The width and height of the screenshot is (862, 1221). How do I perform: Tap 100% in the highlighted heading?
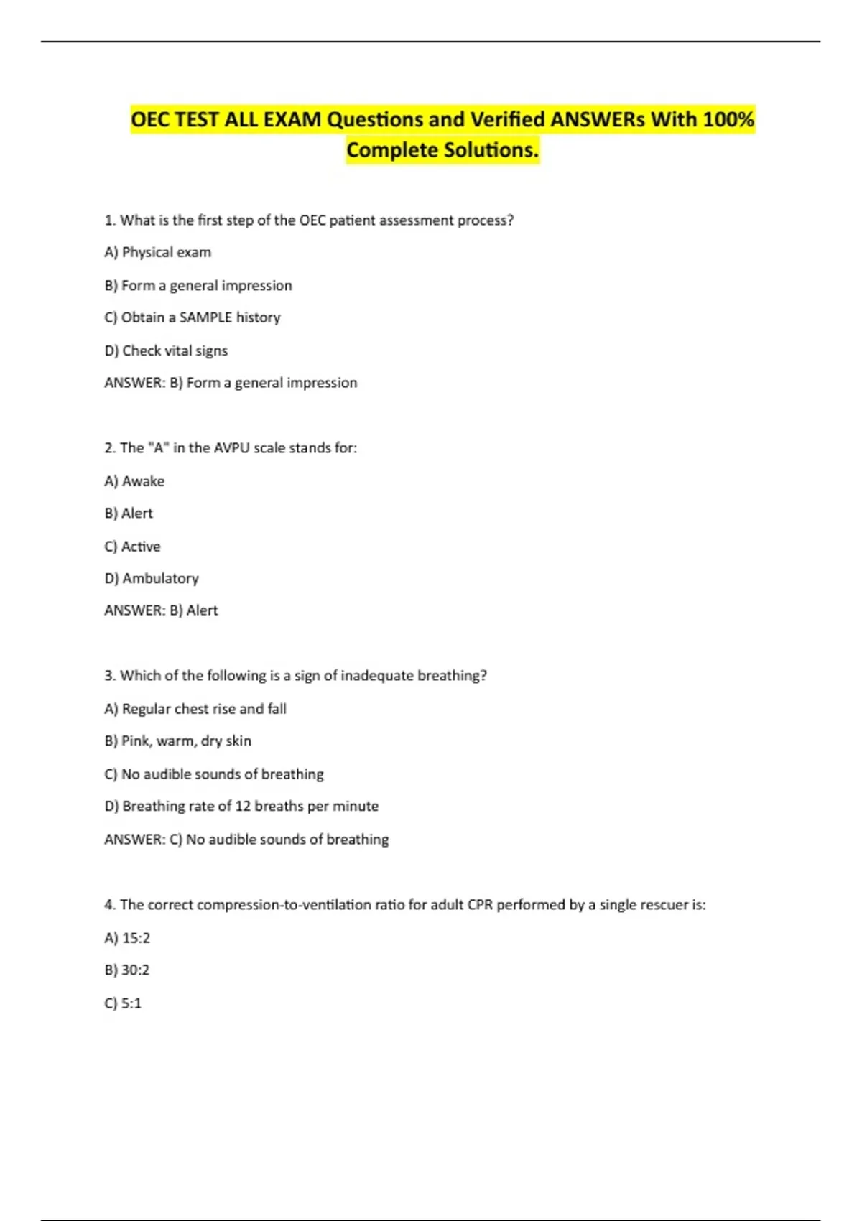tap(728, 119)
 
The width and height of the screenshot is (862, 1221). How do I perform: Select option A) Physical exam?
tap(158, 252)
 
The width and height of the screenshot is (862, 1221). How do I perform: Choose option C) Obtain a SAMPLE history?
tap(193, 317)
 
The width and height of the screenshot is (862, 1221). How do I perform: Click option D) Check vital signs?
tap(166, 350)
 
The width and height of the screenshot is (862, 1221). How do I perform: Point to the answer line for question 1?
tap(231, 383)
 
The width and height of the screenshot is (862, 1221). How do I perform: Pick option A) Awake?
tap(134, 481)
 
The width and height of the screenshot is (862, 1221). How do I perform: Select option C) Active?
tap(133, 547)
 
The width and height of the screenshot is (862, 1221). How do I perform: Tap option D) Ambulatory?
tap(152, 578)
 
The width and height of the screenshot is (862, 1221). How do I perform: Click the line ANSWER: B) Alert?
tap(161, 610)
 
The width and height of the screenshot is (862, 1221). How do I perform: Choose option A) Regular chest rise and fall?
tap(195, 709)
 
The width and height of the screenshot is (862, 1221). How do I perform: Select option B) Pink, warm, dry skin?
tap(178, 741)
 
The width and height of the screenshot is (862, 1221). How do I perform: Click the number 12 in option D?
tap(243, 806)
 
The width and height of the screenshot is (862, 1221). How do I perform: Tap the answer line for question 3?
tap(246, 839)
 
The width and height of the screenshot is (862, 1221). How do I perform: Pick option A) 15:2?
tap(127, 938)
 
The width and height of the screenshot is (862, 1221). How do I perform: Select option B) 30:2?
tap(127, 970)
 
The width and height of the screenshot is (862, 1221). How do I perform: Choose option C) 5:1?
tap(124, 1003)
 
